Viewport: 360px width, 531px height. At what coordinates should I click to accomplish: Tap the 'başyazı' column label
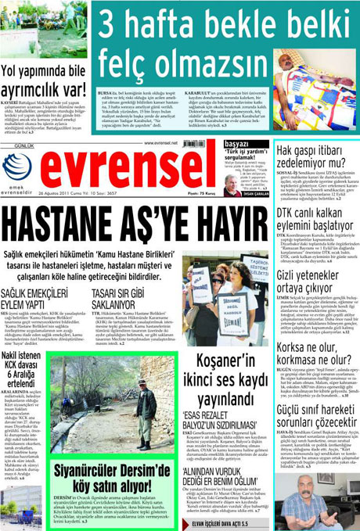237,144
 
